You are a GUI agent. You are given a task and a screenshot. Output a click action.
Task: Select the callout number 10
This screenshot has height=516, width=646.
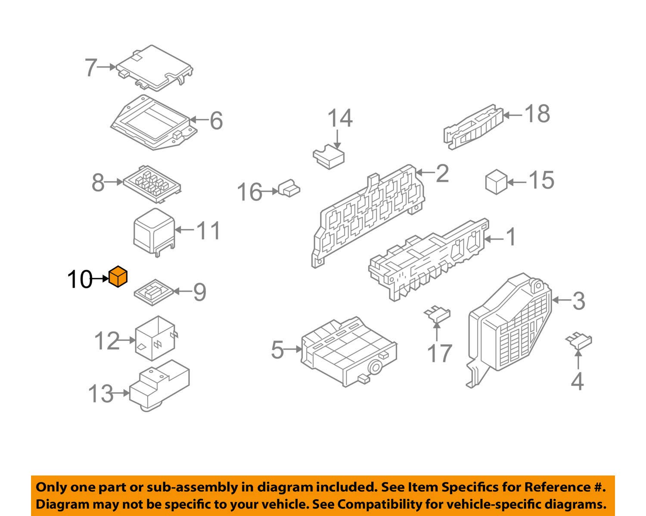79,280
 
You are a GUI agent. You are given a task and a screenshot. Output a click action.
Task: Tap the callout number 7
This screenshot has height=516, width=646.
90,68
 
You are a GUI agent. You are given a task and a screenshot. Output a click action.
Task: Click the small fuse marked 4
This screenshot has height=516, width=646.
578,341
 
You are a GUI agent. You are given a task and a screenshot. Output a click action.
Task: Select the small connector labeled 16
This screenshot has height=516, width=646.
289,188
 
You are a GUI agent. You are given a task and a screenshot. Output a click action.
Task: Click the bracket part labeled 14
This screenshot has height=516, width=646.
329,157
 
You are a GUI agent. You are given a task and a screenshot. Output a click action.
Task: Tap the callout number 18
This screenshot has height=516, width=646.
537,114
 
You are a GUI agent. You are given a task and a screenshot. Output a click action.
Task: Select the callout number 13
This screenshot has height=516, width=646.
100,394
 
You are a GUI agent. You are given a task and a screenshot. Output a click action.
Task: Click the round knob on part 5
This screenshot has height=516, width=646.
374,367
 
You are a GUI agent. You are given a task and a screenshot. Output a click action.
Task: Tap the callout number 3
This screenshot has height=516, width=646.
578,301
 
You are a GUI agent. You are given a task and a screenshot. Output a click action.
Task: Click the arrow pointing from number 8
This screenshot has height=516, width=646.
114,182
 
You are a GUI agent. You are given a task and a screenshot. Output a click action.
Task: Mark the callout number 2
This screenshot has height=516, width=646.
442,173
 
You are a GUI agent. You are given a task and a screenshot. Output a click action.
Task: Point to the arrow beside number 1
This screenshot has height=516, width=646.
494,238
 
